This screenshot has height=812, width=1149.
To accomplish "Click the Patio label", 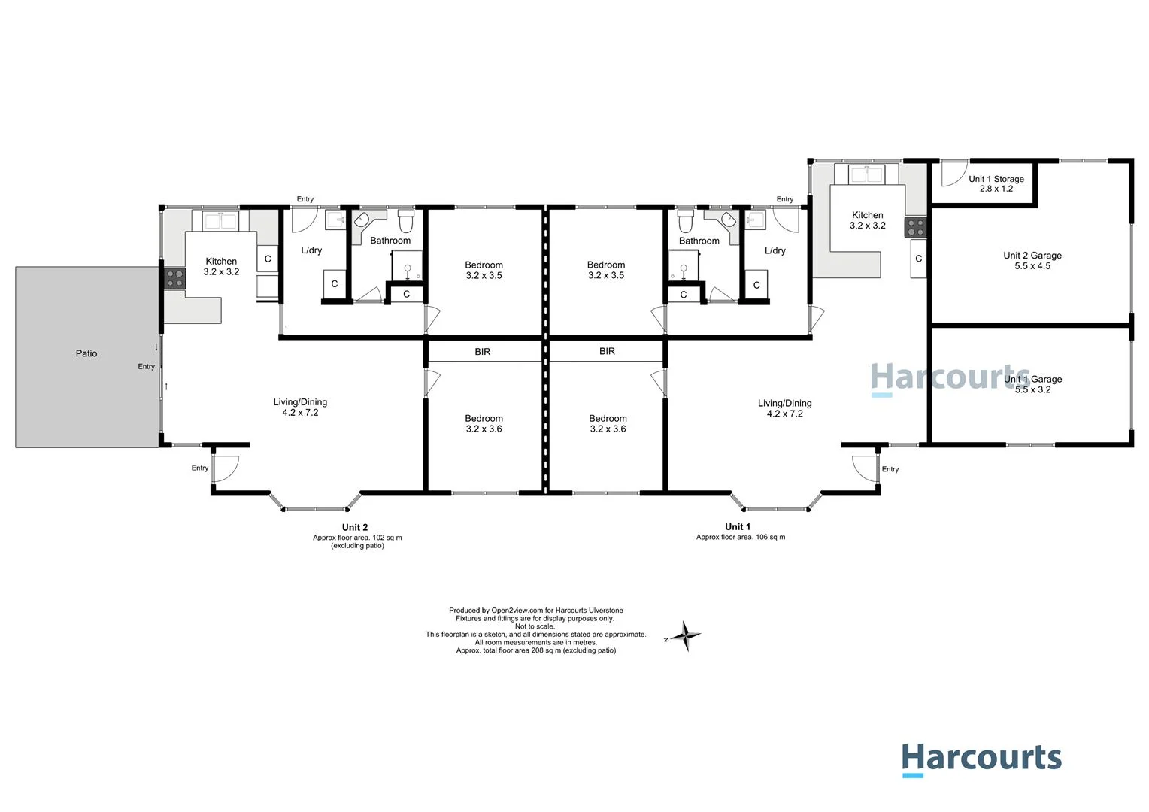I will tap(86, 353).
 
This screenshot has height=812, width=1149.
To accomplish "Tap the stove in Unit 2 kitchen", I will tap(174, 279).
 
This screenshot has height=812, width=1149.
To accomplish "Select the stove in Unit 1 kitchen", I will tap(915, 227).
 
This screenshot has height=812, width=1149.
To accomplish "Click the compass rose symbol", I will tap(685, 636).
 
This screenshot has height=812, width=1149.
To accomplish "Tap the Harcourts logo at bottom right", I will tap(981, 759).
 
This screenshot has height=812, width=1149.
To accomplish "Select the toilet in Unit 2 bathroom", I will tap(406, 222).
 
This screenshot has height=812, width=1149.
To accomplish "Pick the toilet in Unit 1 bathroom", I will tap(685, 222).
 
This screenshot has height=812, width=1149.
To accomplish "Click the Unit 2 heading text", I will tap(355, 527).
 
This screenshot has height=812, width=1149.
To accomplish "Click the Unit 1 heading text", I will tap(738, 526).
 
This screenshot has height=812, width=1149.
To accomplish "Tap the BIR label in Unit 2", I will tap(483, 352).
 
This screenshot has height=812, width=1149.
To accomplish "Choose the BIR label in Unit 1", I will tap(607, 351).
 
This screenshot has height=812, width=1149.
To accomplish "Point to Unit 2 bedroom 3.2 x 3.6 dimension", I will tap(484, 429).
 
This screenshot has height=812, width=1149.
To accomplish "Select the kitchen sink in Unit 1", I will tap(867, 174).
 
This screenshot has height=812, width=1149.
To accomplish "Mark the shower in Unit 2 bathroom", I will tap(408, 266).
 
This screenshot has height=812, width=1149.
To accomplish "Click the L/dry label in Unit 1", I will tap(775, 250).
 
